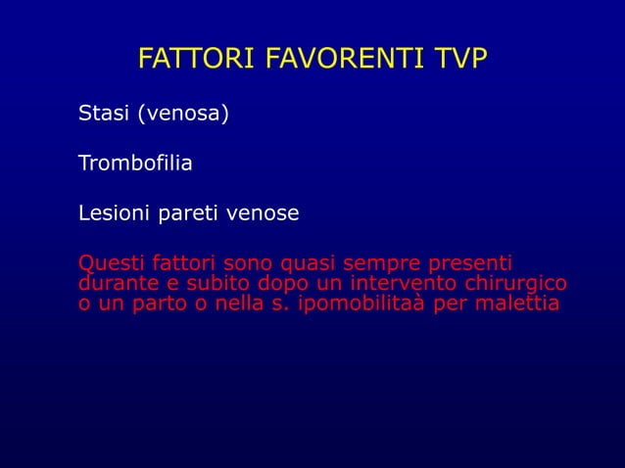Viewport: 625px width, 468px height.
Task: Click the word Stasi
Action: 104,116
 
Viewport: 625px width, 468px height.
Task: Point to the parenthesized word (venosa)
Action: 183,116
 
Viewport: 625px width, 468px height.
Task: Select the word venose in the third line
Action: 264,212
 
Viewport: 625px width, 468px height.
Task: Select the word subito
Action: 215,284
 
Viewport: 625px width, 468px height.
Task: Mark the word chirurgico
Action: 519,284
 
